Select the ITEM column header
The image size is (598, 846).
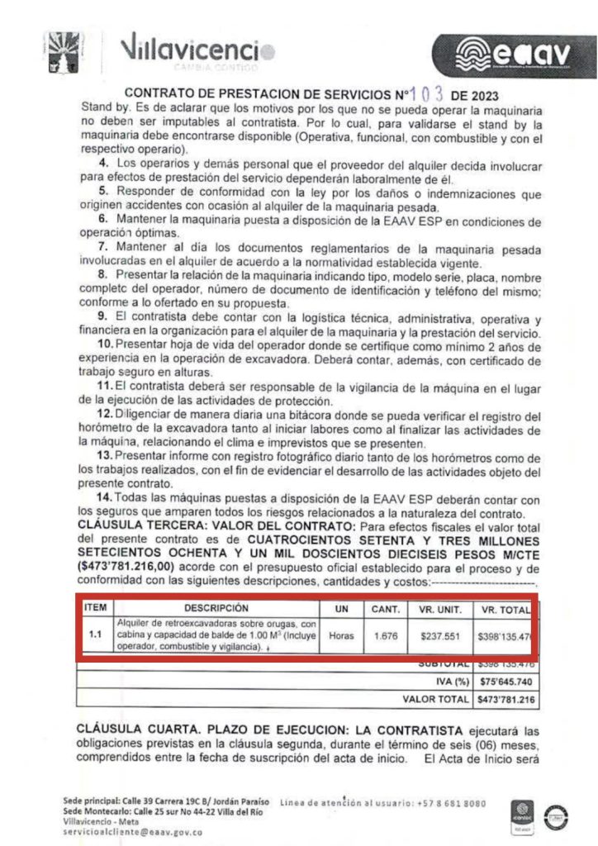tap(96, 607)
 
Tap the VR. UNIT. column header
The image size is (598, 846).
tap(438, 609)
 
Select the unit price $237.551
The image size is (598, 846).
tap(439, 636)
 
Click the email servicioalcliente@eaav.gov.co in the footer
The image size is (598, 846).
tap(132, 833)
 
